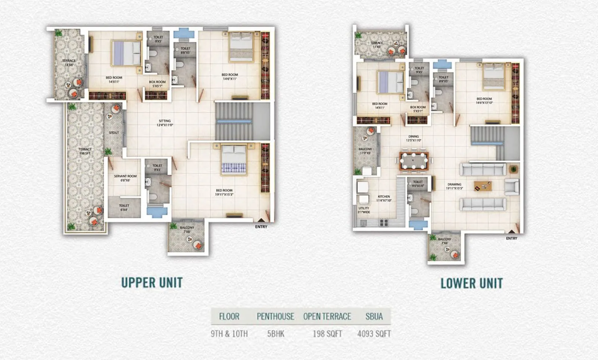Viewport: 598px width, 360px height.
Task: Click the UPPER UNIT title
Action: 152,283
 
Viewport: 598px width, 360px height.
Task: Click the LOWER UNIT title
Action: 471,283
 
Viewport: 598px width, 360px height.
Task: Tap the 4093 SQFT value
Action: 374,334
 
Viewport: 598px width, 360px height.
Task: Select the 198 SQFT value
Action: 327,334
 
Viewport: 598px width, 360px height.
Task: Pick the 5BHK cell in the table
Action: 275,334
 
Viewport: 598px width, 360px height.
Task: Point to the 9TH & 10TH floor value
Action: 229,334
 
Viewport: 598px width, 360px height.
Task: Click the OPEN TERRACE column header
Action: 327,317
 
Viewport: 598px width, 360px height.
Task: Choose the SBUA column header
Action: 374,317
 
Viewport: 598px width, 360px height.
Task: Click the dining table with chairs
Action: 413,161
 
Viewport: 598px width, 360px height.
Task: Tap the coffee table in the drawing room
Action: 483,185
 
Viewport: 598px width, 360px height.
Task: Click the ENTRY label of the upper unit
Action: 261,227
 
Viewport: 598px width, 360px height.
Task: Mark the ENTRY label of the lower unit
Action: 512,239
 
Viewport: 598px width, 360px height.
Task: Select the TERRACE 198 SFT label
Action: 85,151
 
